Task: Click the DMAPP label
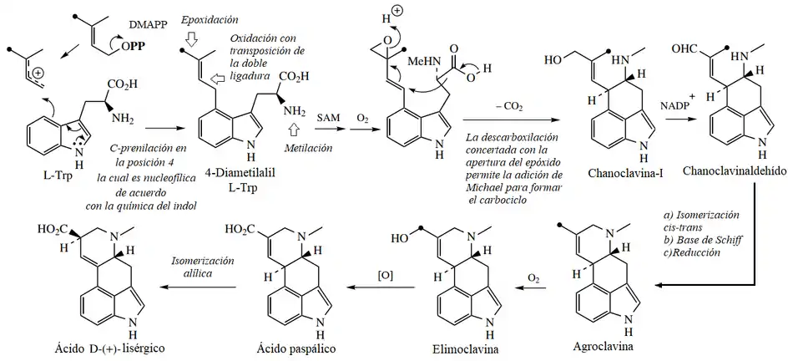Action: (x=141, y=28)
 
